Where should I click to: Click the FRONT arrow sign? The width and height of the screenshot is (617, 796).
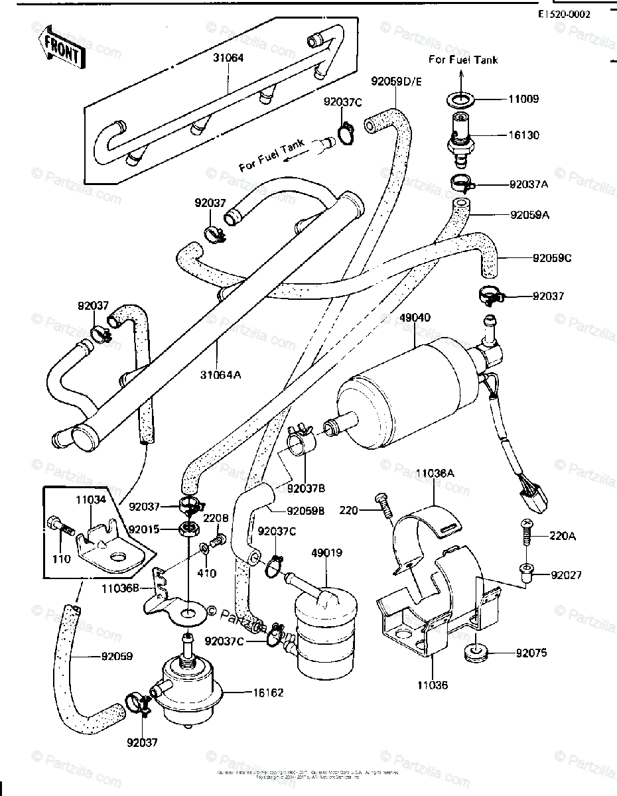(x=63, y=48)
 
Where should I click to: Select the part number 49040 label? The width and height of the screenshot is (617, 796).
(x=415, y=318)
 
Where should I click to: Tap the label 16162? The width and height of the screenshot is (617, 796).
(x=268, y=693)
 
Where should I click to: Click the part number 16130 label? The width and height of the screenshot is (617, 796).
(x=524, y=135)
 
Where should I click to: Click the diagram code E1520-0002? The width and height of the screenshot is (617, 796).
(x=564, y=13)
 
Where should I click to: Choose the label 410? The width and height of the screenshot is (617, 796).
(x=207, y=573)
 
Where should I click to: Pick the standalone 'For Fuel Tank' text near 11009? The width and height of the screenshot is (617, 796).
(x=462, y=60)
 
